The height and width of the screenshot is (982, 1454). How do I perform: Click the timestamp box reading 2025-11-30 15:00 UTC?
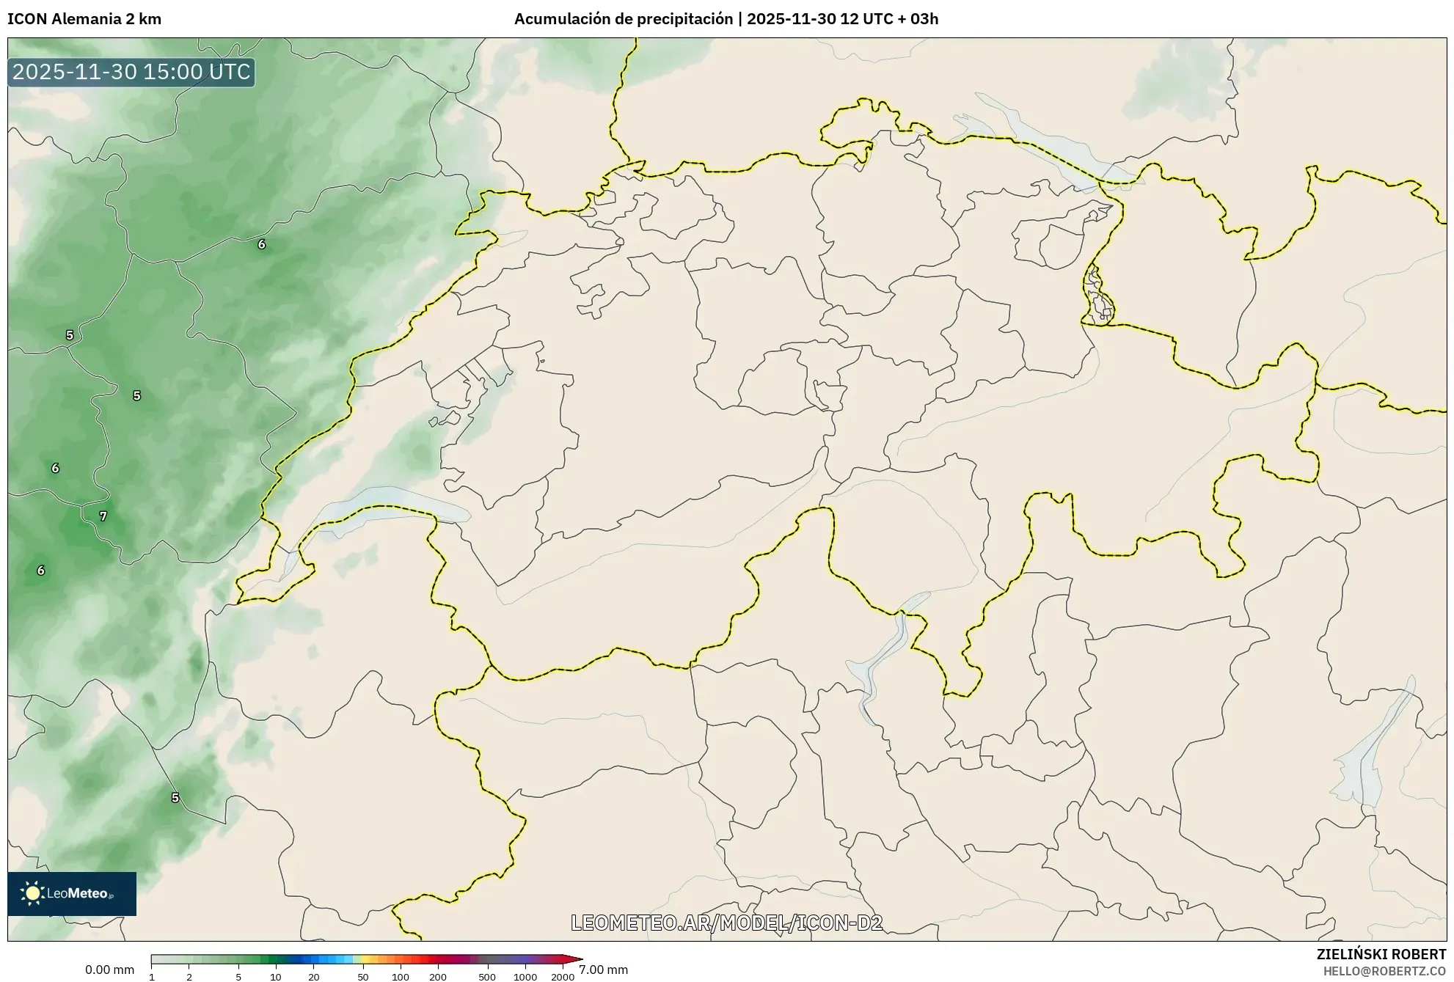tap(131, 72)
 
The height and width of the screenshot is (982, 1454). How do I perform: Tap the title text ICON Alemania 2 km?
tap(84, 19)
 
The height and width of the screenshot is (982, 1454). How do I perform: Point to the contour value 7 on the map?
tap(103, 516)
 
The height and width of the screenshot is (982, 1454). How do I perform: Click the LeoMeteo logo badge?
tap(72, 893)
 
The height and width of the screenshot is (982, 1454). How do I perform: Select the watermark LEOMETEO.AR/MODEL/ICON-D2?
tap(726, 923)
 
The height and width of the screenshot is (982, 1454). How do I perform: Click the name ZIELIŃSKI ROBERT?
tap(1381, 954)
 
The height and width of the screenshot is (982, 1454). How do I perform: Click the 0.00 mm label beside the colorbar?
tap(109, 970)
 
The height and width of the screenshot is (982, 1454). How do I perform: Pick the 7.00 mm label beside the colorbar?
tap(603, 970)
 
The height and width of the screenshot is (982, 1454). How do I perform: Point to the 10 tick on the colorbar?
tap(276, 977)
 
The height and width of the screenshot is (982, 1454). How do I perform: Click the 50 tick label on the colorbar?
tap(362, 977)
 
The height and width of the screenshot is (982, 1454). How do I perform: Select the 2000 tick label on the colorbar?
tap(563, 977)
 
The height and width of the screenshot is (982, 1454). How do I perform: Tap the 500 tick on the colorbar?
tap(487, 977)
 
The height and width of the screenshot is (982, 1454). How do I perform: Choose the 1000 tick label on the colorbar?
tap(525, 977)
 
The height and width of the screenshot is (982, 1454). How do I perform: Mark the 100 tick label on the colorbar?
tap(401, 977)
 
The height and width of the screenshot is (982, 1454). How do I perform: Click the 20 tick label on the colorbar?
tap(314, 977)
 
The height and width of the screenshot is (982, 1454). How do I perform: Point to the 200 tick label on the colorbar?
tap(438, 977)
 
